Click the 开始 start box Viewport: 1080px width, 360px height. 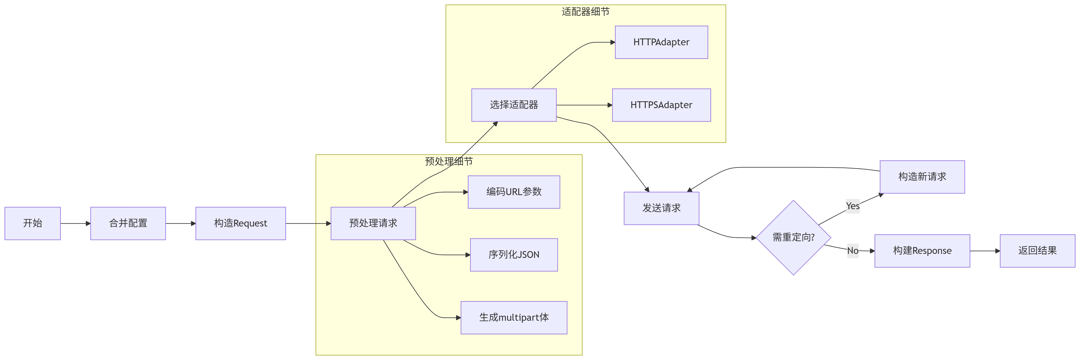pos(33,223)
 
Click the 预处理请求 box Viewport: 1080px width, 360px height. pos(373,223)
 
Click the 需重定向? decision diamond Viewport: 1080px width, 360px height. pos(793,238)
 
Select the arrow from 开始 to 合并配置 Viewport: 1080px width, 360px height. pos(75,223)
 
